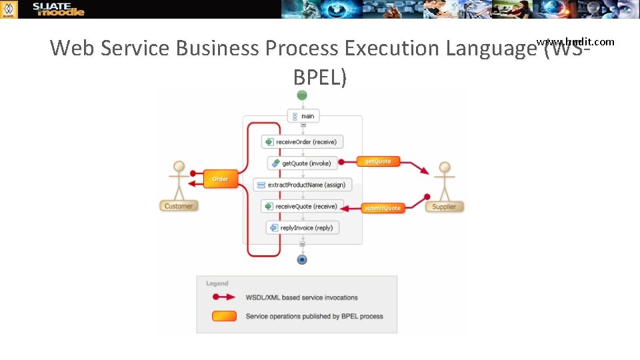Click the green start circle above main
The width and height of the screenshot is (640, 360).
tap(302, 95)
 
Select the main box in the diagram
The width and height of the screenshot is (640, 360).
tap(303, 116)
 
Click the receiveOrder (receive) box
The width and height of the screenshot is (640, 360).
tap(303, 141)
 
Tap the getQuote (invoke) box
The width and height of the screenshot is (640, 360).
tap(303, 163)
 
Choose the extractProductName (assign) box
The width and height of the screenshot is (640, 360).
tap(303, 185)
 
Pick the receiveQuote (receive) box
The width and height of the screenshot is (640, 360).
tap(303, 207)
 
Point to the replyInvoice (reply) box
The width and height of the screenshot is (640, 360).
tap(303, 228)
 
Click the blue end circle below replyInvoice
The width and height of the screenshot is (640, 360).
tap(302, 259)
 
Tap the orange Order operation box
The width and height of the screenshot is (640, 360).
tap(219, 179)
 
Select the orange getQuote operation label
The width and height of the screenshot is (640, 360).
tap(378, 161)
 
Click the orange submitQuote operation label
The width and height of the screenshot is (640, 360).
tap(383, 208)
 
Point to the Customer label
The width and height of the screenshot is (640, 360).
tap(179, 206)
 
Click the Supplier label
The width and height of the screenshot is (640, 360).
tap(444, 207)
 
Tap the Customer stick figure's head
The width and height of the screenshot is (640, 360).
tap(178, 166)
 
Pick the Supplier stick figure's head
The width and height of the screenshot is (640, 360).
tap(445, 167)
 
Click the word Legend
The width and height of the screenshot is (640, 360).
tap(217, 283)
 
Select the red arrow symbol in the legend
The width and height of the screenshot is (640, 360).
tap(223, 297)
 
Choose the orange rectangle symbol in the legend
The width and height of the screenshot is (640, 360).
tap(224, 316)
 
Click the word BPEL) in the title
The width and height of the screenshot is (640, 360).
tap(320, 78)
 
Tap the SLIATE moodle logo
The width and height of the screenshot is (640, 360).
tap(59, 9)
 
